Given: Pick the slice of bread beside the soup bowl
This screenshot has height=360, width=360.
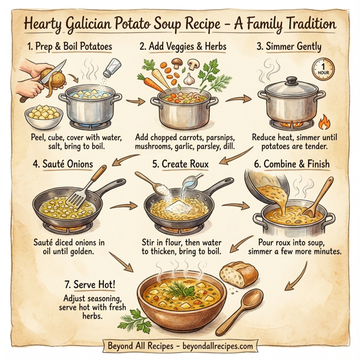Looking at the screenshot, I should (235, 275).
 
